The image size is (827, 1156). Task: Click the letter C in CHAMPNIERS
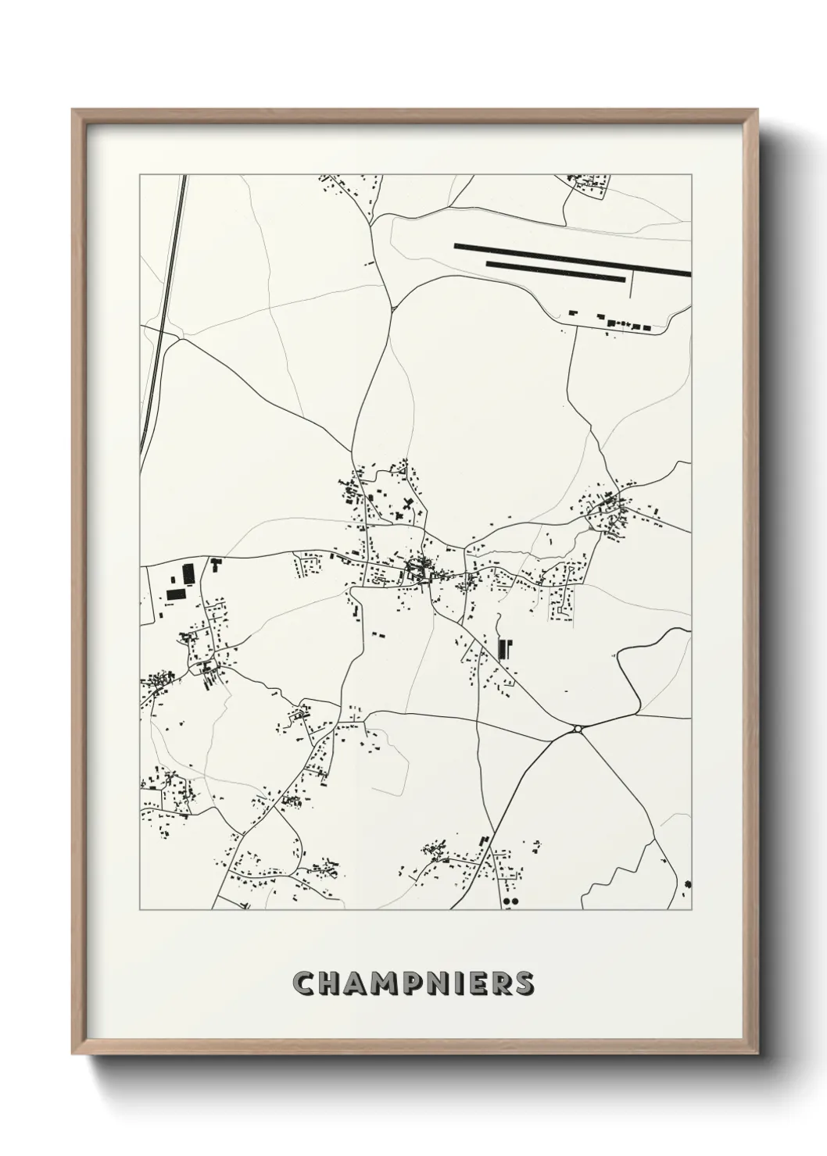[x=303, y=983]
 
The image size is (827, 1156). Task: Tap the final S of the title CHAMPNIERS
[x=524, y=983]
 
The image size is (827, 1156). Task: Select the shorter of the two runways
[x=556, y=270]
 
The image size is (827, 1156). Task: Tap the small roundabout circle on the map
[x=578, y=729]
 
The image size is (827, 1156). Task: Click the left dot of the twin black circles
[x=507, y=901]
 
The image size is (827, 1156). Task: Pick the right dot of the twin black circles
[x=515, y=901]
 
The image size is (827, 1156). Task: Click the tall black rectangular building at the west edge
[x=188, y=574]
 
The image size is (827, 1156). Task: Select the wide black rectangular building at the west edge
[x=176, y=594]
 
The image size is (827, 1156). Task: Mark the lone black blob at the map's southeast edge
[x=687, y=884]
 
